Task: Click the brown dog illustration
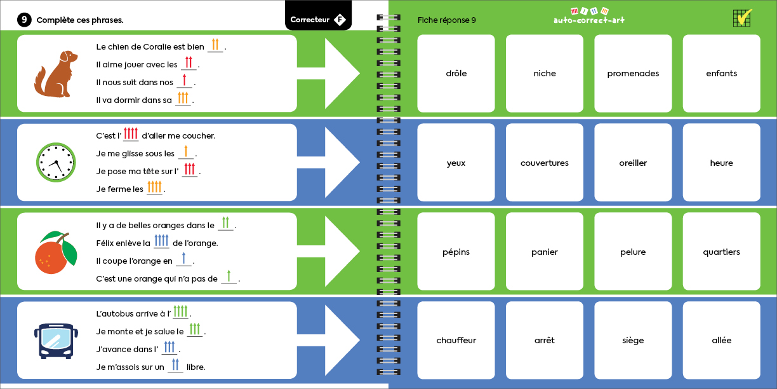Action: pyautogui.click(x=55, y=73)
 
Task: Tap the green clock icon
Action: pyautogui.click(x=56, y=163)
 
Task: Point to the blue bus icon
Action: pyautogui.click(x=56, y=341)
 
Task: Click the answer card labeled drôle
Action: pyautogui.click(x=456, y=74)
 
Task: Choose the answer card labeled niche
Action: pyautogui.click(x=544, y=74)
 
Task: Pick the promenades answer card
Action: pyautogui.click(x=633, y=74)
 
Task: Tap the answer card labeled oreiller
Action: pyautogui.click(x=633, y=163)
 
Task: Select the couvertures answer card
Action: pyautogui.click(x=544, y=163)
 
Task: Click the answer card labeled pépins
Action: pyautogui.click(x=456, y=252)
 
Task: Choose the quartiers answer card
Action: pyautogui.click(x=721, y=252)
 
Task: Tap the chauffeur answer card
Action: pyautogui.click(x=456, y=340)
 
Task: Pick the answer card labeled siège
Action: pyautogui.click(x=633, y=340)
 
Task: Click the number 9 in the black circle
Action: pyautogui.click(x=24, y=20)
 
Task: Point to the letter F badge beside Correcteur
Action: pyautogui.click(x=340, y=20)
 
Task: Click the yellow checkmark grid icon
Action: pyautogui.click(x=742, y=18)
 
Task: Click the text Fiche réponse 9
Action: pyautogui.click(x=447, y=20)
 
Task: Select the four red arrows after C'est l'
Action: pyautogui.click(x=130, y=134)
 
